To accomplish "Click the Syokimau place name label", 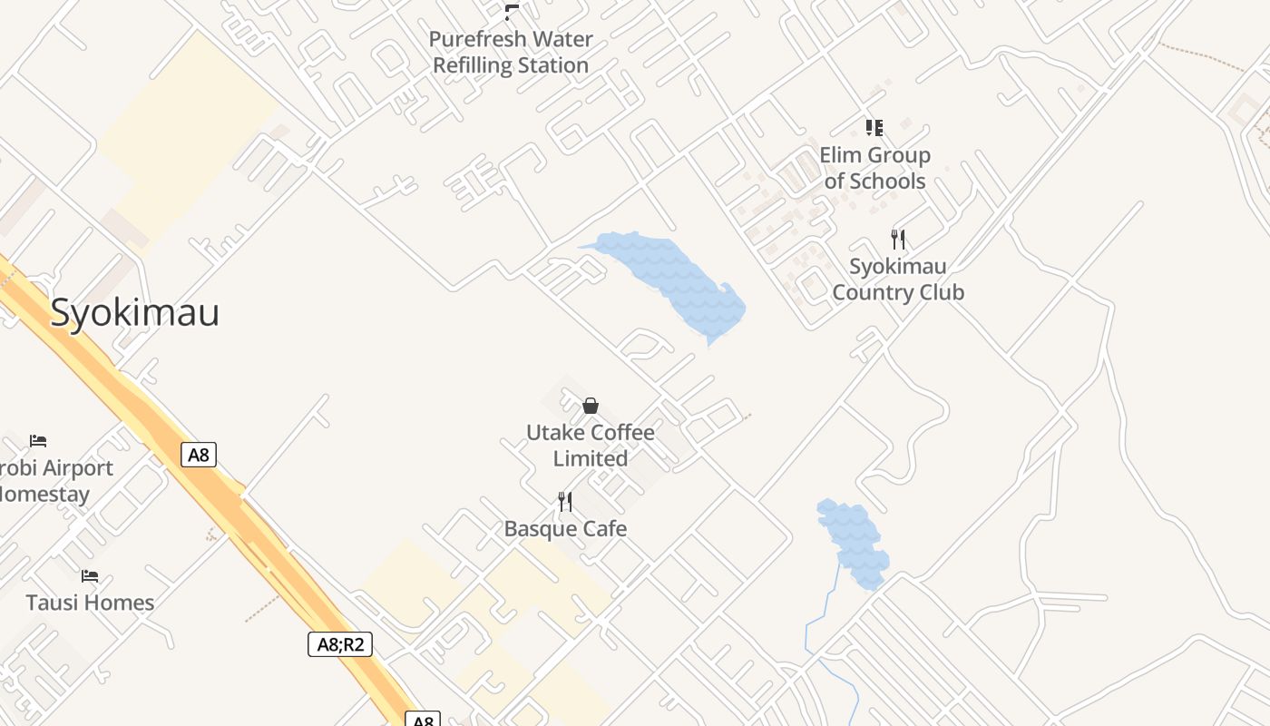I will tap(134, 312).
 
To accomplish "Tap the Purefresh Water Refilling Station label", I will tap(511, 53).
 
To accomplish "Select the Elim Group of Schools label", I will tap(874, 168).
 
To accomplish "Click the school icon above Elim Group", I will tap(874, 127).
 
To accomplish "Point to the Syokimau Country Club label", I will tap(897, 280).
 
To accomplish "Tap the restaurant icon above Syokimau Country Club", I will tap(898, 240).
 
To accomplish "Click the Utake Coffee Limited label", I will tap(591, 446).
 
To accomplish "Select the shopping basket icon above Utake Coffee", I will tap(591, 406).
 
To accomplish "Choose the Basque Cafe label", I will tap(565, 528).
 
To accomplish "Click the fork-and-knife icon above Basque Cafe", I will tap(565, 502).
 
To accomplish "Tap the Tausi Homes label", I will tap(90, 603).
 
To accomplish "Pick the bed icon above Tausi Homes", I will tap(90, 576).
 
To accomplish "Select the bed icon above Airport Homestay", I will tap(38, 441).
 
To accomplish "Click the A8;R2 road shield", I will tap(340, 644).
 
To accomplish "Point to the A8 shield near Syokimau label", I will tap(199, 454).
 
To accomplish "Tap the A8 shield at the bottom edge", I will tap(423, 720).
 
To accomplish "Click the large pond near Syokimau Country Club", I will tap(676, 277).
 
